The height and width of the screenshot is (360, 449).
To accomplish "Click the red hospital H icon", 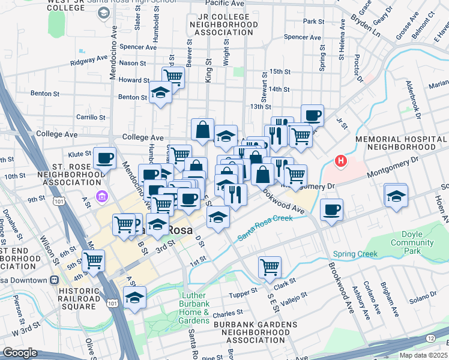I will pos(341,161).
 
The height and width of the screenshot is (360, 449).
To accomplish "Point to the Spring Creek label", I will pos(355,254).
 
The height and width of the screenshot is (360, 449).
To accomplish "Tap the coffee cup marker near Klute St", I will pos(105,158).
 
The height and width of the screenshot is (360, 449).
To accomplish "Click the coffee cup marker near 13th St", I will pos(312,115).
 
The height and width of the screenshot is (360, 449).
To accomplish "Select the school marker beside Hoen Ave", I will pos(396,196).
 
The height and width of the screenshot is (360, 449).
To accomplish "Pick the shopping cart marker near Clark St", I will pos(270,266).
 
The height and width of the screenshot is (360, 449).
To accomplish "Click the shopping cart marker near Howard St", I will pos(173,76).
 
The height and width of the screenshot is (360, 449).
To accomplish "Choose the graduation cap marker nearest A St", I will pos(134,297).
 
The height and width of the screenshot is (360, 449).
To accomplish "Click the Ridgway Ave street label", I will pos(88,61).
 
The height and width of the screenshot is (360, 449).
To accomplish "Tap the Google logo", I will pos(20,353).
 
